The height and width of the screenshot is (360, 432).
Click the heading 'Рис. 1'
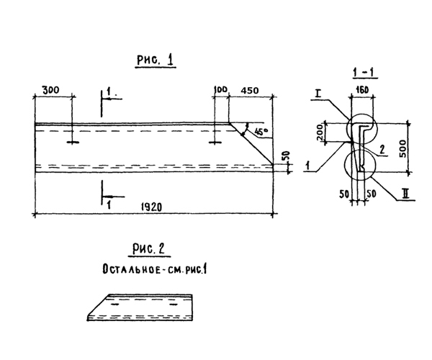click(156, 60)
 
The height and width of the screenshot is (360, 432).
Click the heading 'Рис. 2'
click(148, 248)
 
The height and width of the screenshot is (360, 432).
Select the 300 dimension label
click(50, 90)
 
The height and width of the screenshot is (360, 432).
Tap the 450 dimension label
click(250, 90)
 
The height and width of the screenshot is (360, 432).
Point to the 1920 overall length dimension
click(151, 207)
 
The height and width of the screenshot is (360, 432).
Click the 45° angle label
click(261, 131)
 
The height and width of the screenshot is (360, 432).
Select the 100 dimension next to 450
click(220, 90)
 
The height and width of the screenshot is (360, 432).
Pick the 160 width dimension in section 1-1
click(362, 90)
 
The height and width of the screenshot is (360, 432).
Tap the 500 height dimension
click(402, 149)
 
